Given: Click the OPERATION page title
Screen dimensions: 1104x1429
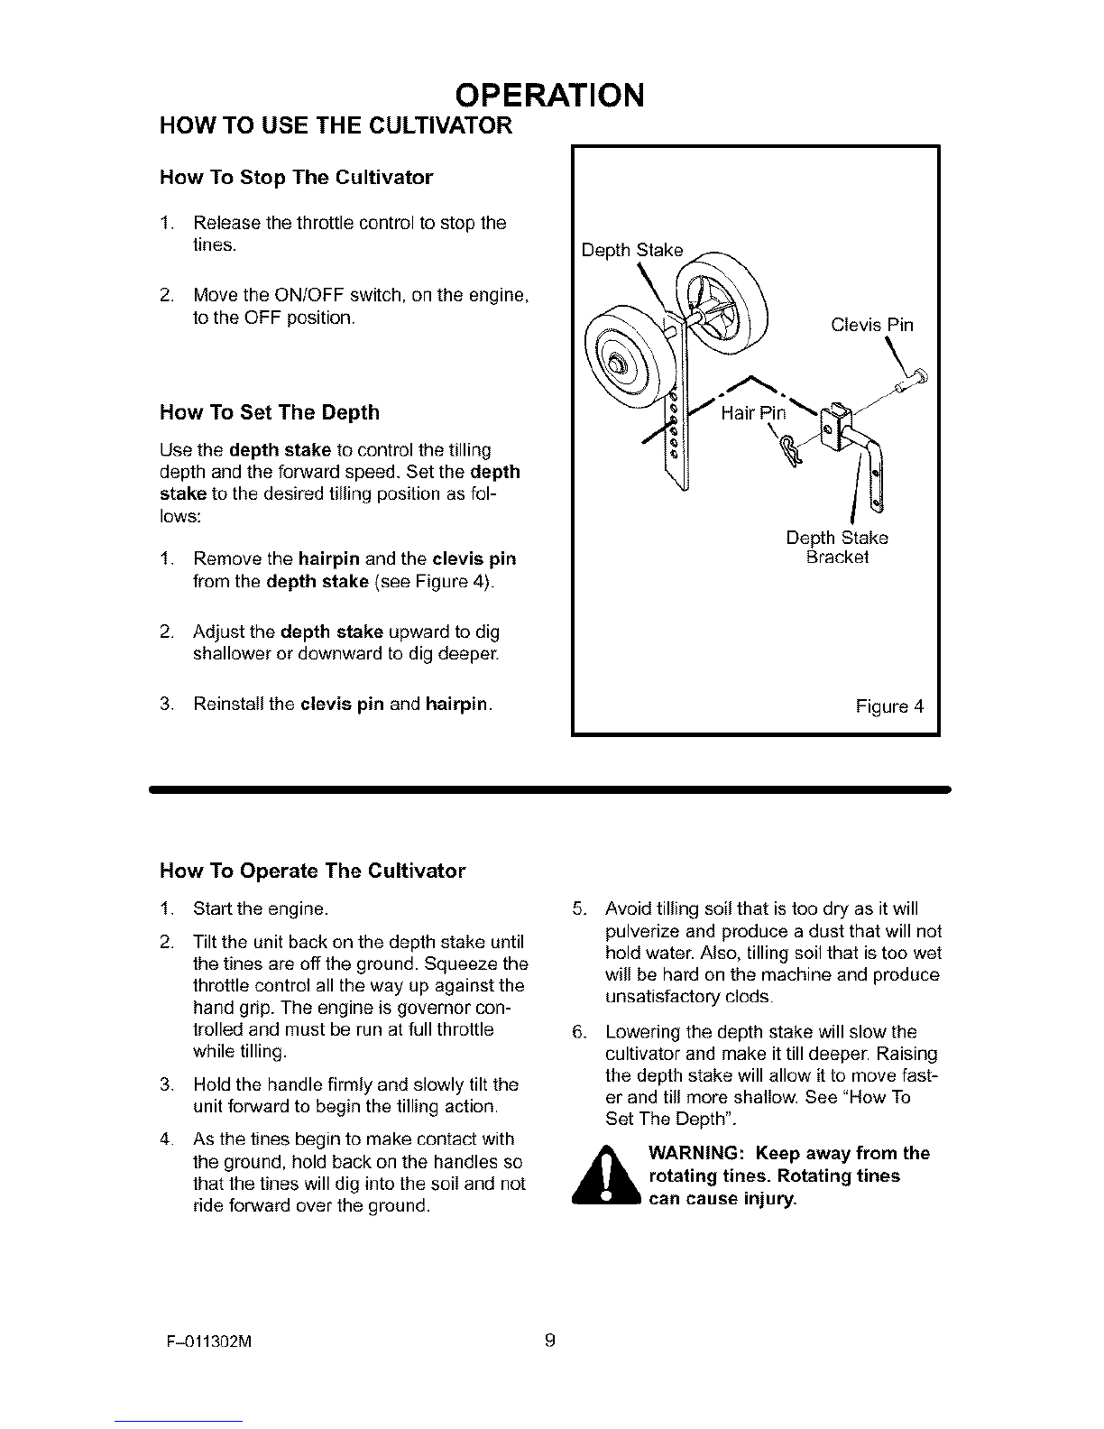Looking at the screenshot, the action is (x=549, y=96).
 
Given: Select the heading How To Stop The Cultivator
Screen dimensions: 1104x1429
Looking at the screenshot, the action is (x=297, y=178).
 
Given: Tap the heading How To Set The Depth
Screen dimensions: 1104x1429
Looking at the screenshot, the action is (x=270, y=412).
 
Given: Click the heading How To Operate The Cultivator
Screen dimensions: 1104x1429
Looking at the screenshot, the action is (x=312, y=871).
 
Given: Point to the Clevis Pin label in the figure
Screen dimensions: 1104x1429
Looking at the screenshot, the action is (x=872, y=325).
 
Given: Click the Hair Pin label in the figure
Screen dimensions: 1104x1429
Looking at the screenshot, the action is (x=753, y=413).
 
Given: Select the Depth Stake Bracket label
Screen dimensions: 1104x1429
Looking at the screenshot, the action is (x=837, y=547).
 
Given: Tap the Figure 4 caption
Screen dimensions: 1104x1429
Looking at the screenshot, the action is (x=889, y=706).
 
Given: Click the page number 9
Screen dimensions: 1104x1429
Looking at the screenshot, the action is (x=550, y=1339).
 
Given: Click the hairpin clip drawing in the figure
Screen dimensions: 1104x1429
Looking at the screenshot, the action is (x=790, y=452).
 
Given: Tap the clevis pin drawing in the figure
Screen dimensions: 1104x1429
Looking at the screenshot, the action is (x=911, y=380).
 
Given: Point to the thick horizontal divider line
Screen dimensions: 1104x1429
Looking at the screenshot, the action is (x=550, y=789).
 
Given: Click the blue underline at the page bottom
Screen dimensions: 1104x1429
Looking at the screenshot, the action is (x=178, y=1421).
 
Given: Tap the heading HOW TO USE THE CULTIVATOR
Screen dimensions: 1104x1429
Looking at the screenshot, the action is (x=336, y=125).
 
